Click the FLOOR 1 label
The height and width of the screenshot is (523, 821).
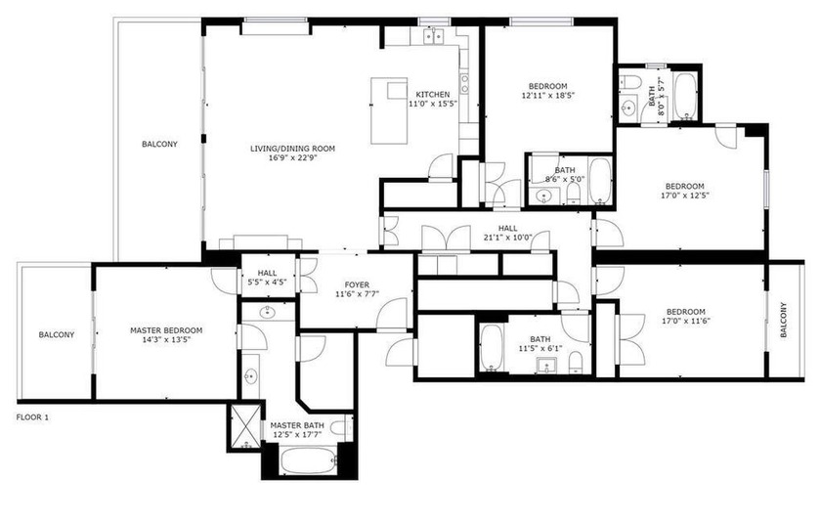[x=32, y=417]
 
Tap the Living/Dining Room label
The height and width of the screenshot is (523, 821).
[x=292, y=149]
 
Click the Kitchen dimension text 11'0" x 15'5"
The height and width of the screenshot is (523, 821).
[x=432, y=104]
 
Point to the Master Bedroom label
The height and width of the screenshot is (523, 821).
[x=166, y=330]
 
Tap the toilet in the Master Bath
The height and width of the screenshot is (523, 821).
[x=339, y=427]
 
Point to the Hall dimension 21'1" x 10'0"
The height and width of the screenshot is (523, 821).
[x=505, y=237]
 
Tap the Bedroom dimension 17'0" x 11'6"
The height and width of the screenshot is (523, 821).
[x=684, y=321]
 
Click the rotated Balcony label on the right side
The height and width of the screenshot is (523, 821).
[x=784, y=321]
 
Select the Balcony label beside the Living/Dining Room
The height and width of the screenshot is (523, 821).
[x=159, y=144]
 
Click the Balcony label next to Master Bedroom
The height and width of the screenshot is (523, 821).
[x=56, y=335]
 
